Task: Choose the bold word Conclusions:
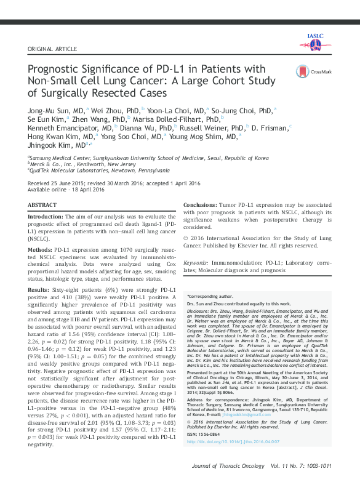[205, 204]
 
